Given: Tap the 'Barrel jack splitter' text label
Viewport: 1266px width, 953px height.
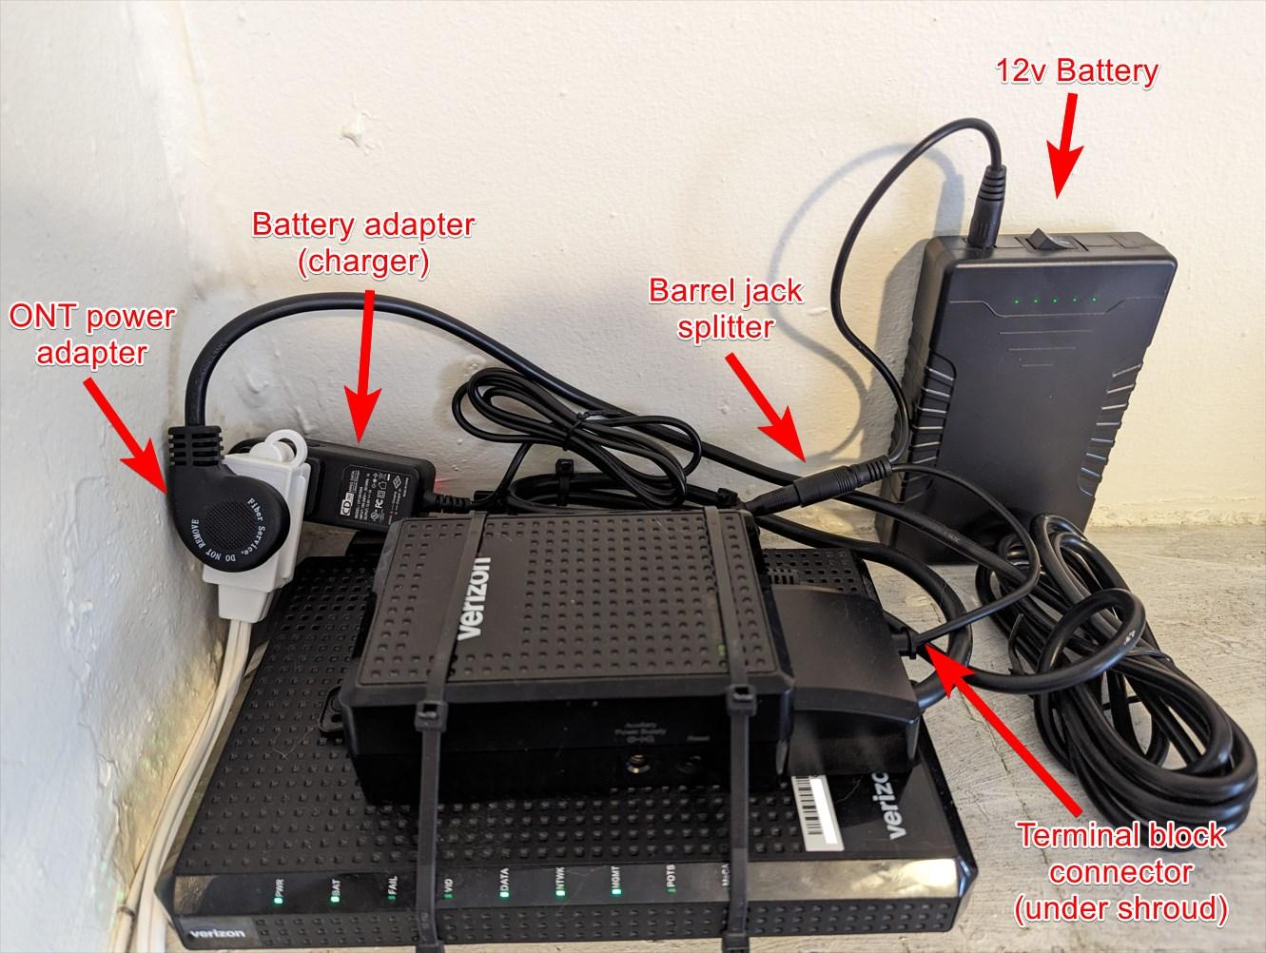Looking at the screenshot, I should (725, 307).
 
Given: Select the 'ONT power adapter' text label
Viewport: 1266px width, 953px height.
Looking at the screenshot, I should (91, 334).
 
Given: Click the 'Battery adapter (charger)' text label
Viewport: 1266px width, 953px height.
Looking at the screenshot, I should (362, 243).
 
